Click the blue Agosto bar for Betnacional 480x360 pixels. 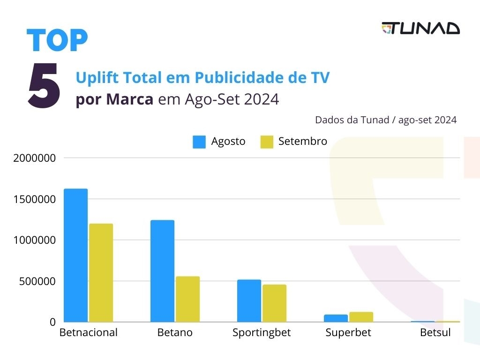(x=75, y=255)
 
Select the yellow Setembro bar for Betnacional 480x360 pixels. (x=101, y=273)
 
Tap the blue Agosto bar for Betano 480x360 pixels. (x=162, y=271)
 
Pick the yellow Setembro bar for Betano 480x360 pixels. (x=187, y=299)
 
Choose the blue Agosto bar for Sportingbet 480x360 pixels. (x=249, y=301)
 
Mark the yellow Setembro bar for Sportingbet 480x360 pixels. (x=274, y=303)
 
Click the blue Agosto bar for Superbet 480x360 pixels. (x=336, y=318)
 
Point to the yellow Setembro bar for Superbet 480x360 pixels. (x=361, y=317)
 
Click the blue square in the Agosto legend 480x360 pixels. (x=199, y=142)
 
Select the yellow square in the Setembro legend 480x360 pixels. (x=267, y=142)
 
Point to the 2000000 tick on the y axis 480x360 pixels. (x=35, y=158)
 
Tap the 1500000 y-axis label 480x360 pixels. (x=35, y=199)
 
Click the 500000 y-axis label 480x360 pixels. (x=37, y=281)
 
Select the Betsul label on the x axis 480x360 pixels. (x=435, y=333)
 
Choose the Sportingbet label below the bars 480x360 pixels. (x=262, y=333)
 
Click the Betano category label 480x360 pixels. (x=175, y=333)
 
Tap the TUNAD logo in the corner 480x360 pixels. (x=420, y=28)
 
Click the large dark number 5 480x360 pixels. (x=44, y=85)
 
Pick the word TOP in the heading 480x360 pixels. (x=57, y=40)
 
